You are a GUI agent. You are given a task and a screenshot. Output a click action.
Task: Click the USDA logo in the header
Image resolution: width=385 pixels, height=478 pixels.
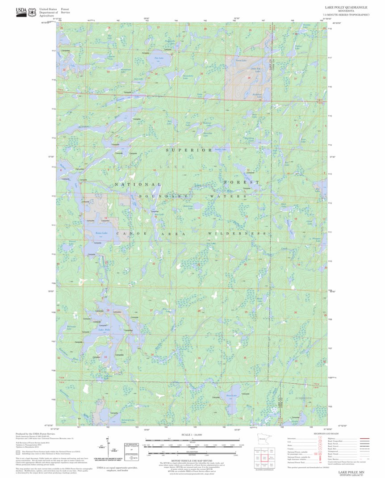tap(21, 12)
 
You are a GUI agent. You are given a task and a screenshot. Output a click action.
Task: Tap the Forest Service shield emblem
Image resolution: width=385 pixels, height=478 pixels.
tap(32, 13)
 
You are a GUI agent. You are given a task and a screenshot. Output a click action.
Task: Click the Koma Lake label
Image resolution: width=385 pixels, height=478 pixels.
tap(101, 233)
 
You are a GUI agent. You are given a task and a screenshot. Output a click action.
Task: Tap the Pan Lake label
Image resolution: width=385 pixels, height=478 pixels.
tap(159, 58)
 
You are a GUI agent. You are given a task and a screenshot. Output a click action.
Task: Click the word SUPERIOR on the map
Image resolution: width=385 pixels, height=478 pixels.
tap(189, 151)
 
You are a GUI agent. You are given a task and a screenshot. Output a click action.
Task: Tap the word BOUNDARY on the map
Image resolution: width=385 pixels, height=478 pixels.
tap(163, 196)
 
